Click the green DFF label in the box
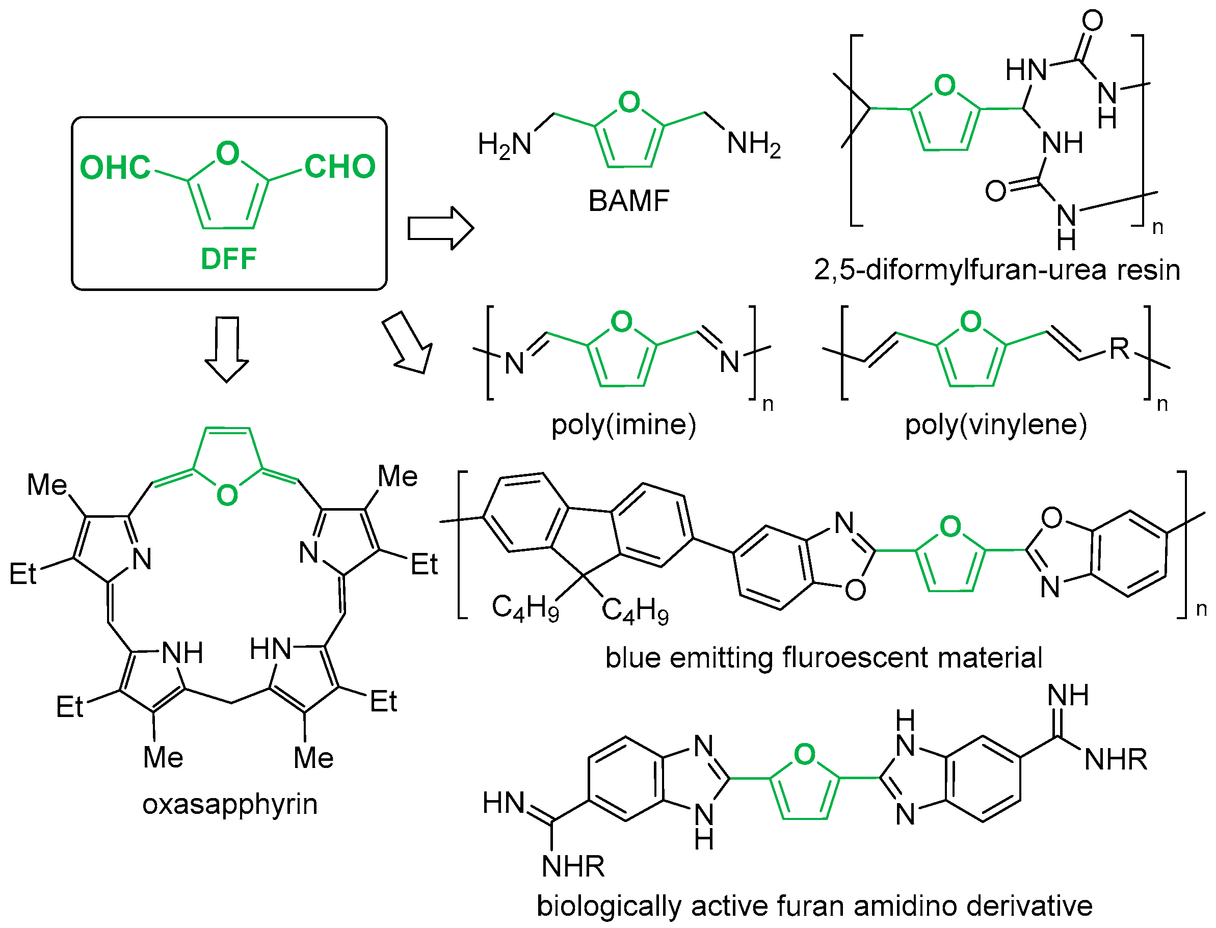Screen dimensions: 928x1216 [x=228, y=258]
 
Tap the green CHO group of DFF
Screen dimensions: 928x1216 [x=340, y=166]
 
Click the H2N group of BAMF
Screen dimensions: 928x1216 [x=504, y=145]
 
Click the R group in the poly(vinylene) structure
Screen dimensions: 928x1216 [x=1119, y=349]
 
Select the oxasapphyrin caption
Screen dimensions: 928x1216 [x=230, y=804]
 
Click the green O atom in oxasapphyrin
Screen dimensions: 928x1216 [x=227, y=495]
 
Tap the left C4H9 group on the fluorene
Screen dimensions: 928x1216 [x=525, y=607]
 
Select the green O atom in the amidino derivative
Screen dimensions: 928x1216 [x=804, y=755]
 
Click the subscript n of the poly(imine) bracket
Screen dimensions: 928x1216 [x=768, y=404]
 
